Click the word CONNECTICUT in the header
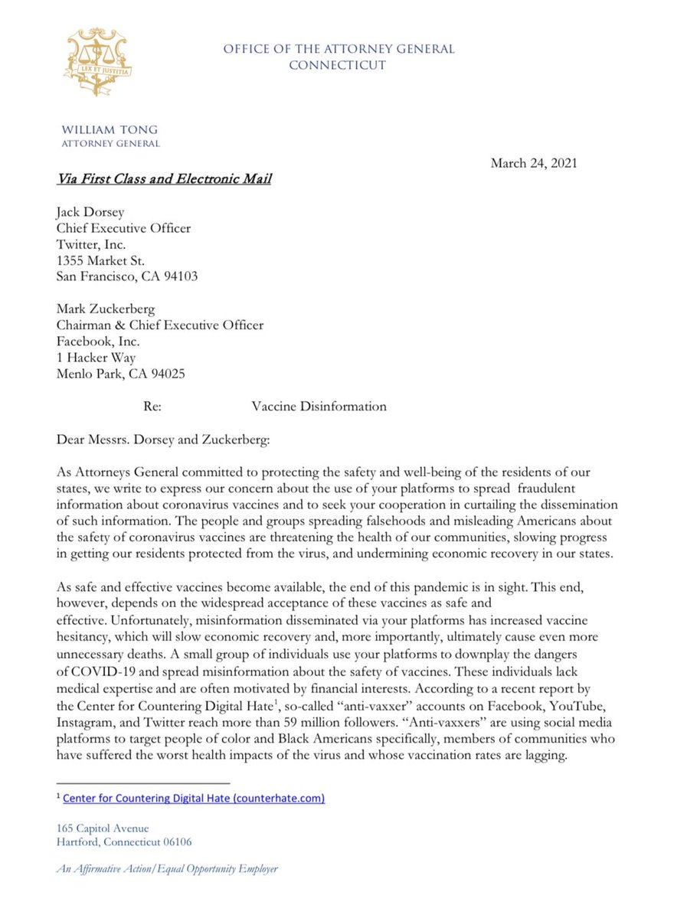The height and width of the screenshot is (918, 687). (x=337, y=65)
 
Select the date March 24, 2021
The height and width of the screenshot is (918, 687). (x=534, y=162)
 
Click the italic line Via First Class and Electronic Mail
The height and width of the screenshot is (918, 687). (x=164, y=180)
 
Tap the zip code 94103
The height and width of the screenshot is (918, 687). (x=180, y=276)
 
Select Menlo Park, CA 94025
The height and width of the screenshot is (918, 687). (x=120, y=374)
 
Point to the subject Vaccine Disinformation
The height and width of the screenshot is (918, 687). (x=319, y=407)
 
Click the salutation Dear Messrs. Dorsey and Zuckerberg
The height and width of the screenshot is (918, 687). (x=164, y=440)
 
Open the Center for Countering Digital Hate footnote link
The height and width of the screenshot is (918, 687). (x=194, y=798)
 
